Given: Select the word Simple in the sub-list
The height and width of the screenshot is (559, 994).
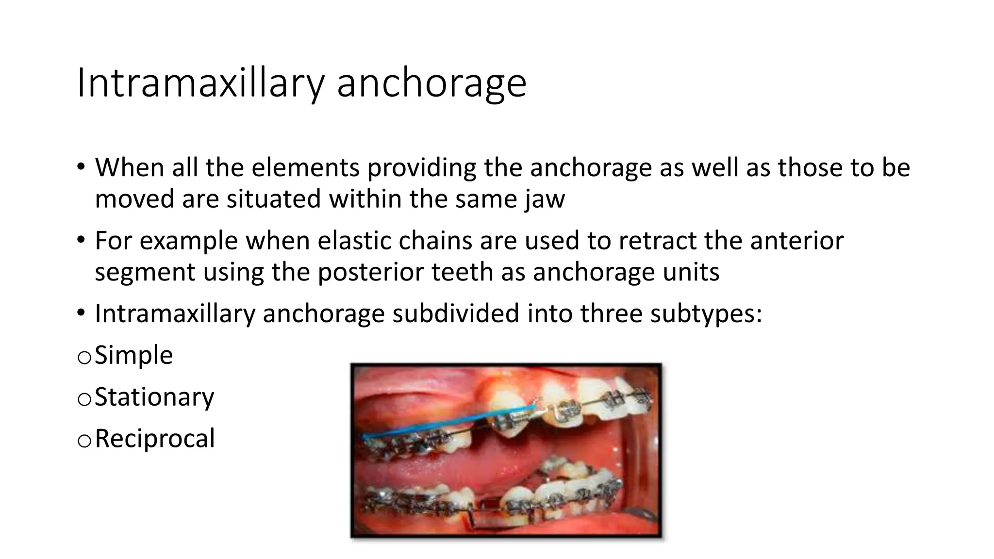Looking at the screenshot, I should click(133, 355).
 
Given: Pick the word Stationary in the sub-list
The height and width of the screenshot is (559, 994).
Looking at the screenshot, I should click(154, 397).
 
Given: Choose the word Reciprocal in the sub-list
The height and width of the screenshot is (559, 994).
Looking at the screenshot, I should click(154, 439).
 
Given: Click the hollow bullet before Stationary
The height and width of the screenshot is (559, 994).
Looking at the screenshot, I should click(84, 399).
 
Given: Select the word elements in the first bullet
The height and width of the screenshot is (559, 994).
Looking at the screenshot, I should click(306, 167).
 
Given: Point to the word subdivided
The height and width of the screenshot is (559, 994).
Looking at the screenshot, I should click(456, 313).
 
